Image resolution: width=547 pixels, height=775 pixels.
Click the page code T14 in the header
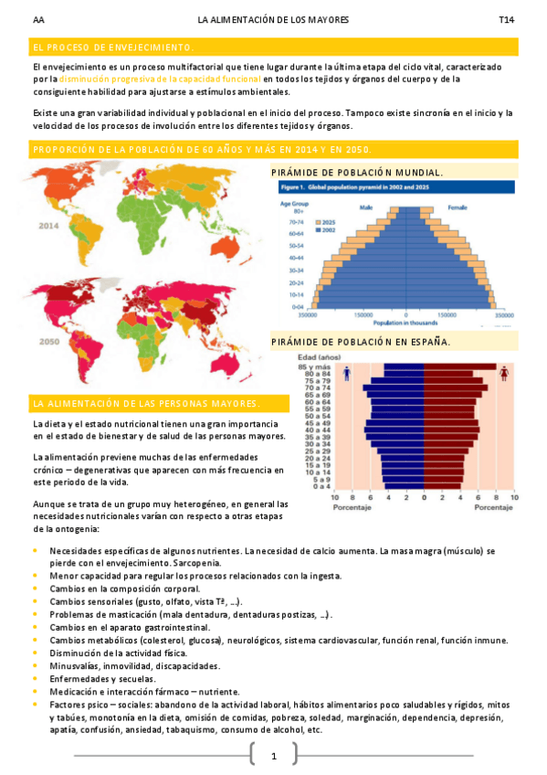[507, 20]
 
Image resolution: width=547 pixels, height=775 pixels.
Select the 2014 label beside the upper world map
[50, 226]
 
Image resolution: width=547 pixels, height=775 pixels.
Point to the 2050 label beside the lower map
[50, 342]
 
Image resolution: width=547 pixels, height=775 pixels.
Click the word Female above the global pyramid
[457, 207]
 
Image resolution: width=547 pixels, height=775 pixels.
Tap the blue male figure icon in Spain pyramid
[372, 374]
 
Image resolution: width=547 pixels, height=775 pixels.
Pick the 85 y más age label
[339, 366]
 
